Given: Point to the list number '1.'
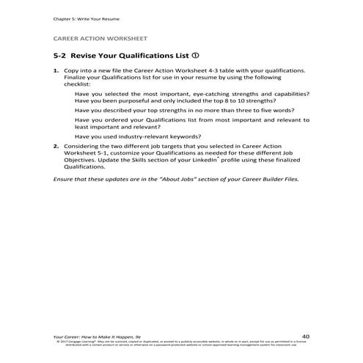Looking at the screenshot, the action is click(56, 71).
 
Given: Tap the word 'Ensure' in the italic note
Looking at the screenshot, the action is click(65, 179).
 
